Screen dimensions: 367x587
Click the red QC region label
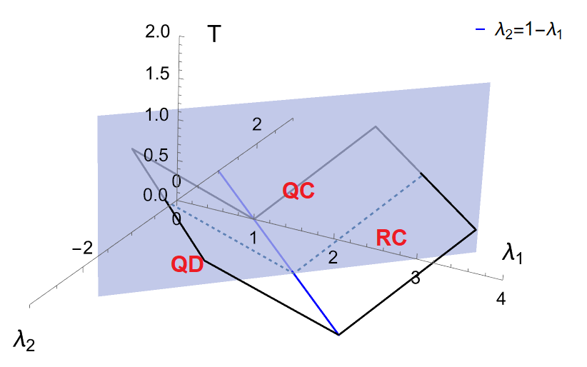[298, 191]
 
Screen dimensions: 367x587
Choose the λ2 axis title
[23, 341]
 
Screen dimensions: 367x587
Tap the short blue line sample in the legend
[480, 31]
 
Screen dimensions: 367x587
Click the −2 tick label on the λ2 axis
[84, 248]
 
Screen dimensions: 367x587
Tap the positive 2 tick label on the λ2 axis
[257, 124]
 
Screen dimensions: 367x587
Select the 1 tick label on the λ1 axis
[253, 237]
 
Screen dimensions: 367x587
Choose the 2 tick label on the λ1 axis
[332, 258]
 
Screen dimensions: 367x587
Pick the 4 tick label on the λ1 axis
[501, 300]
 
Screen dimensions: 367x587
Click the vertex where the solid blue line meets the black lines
[338, 334]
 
